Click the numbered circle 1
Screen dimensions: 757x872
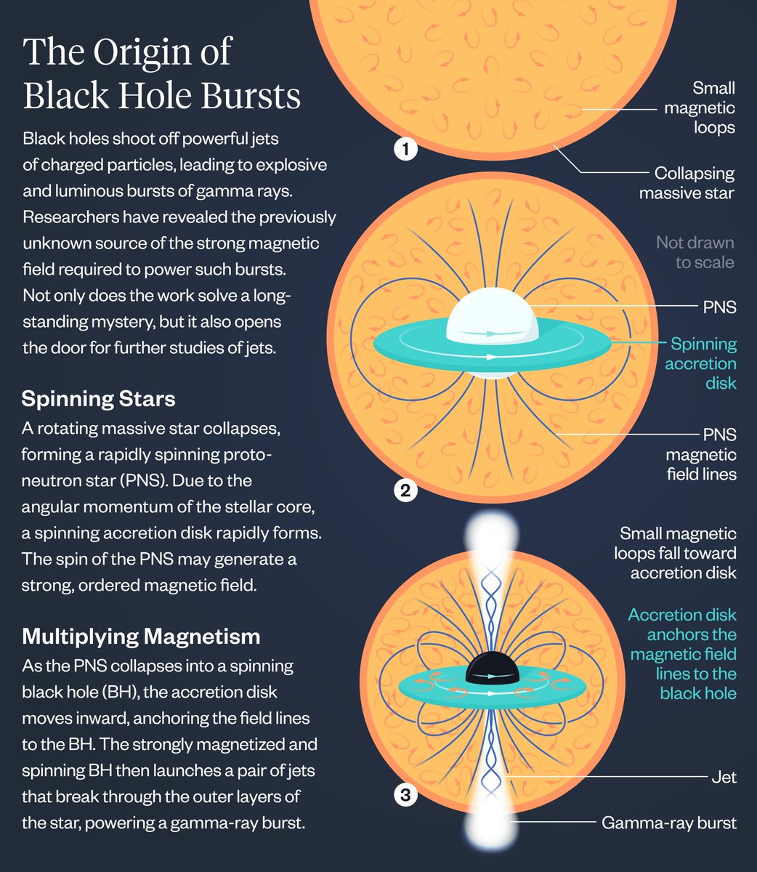coord(405,150)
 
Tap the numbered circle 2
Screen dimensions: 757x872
coord(405,490)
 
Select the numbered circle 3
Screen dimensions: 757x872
coord(405,796)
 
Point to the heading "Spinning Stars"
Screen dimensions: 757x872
coord(98,399)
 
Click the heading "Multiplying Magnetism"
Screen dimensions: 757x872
coord(141,637)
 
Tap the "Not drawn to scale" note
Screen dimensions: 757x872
coord(695,252)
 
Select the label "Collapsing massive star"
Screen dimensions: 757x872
coord(687,183)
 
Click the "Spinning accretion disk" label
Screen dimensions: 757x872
coord(701,363)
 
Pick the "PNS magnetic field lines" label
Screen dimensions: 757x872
coord(701,454)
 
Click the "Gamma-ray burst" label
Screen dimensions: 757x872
coord(668,823)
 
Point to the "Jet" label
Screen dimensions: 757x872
coord(723,778)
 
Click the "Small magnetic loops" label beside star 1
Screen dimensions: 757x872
coord(700,108)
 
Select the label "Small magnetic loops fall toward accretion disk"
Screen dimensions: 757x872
coord(678,554)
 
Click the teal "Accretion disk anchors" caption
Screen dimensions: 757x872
coord(682,654)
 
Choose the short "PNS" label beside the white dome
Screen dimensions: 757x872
coord(719,307)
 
